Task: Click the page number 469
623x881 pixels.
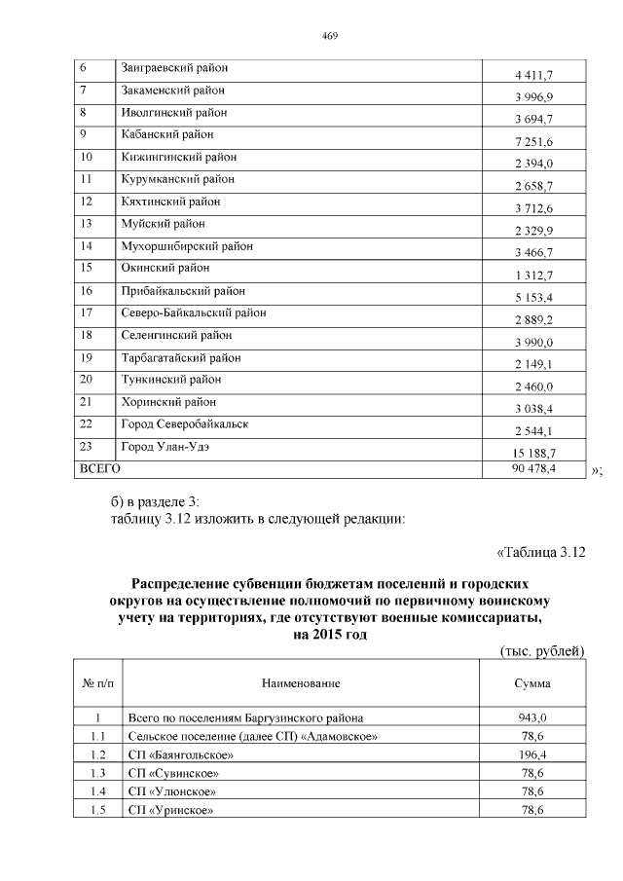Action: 329,36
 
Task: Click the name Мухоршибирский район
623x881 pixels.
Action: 187,246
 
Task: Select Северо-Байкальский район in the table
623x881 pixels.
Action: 193,312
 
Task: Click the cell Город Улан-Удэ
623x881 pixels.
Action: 165,447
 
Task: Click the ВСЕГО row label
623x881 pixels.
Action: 99,468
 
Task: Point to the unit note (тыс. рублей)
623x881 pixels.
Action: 540,650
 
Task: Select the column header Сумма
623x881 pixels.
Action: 532,684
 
